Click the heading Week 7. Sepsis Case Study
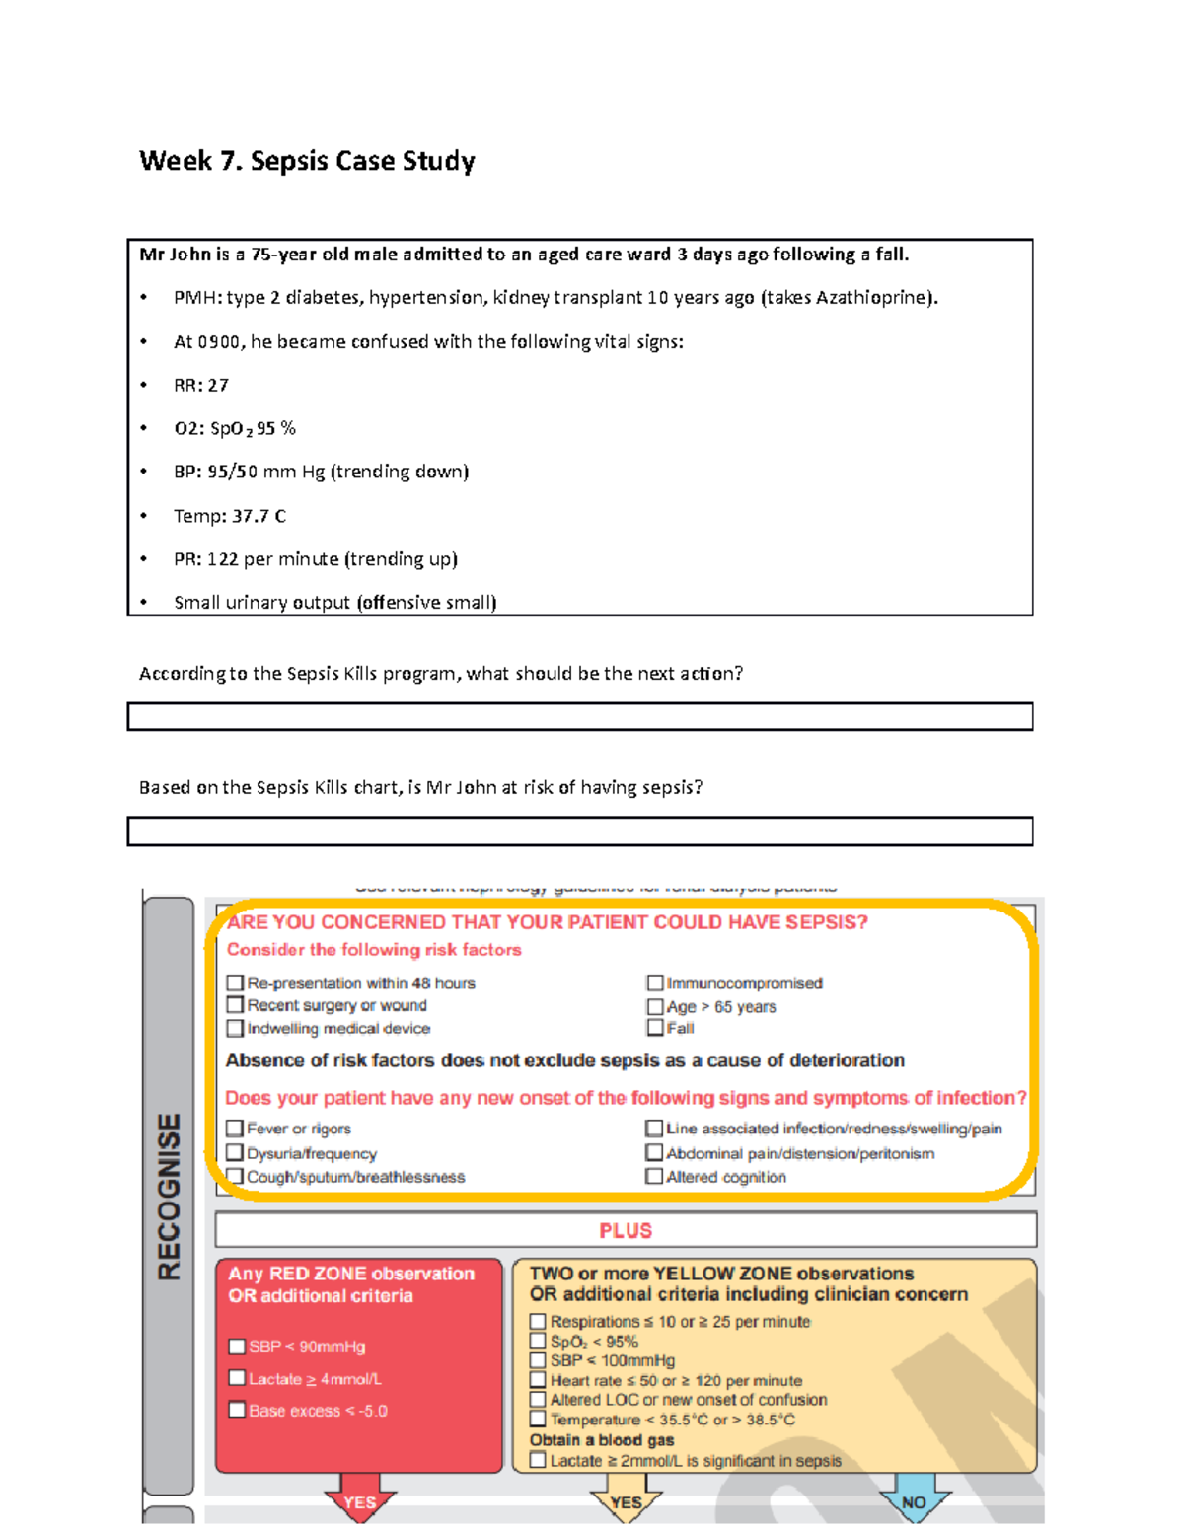tap(307, 161)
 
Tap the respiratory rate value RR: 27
tap(201, 385)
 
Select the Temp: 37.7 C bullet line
tap(229, 516)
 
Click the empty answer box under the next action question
tap(579, 716)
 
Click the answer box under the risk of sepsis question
tap(579, 831)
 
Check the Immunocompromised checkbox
tap(655, 983)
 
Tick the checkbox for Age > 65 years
tap(655, 1006)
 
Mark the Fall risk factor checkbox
tap(655, 1028)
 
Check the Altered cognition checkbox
tap(654, 1176)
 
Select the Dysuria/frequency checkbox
tap(235, 1152)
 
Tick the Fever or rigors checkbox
tap(235, 1128)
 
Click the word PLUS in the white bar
tap(626, 1230)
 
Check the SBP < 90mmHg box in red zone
tap(237, 1347)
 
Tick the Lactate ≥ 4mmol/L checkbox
tap(237, 1378)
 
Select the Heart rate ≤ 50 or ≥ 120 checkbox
tap(538, 1380)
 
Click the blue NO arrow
tap(914, 1500)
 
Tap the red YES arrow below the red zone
tap(359, 1500)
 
